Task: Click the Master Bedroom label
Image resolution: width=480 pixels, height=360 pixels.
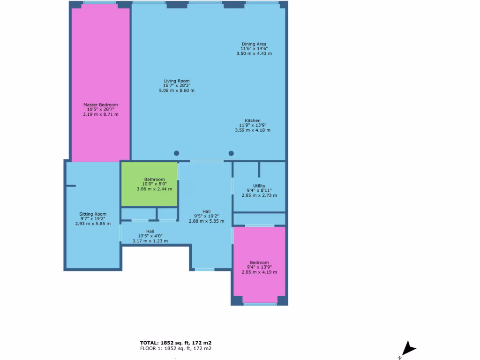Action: coord(100,105)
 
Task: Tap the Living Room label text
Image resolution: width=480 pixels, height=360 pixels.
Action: coord(177,81)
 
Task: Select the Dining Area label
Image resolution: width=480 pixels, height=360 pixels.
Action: coord(254,44)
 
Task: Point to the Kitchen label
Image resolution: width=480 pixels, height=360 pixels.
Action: coord(253,121)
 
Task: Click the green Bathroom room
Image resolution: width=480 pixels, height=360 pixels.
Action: coord(150,184)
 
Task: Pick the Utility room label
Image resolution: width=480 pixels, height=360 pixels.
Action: coord(259,186)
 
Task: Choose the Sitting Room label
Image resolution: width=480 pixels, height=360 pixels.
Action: coord(93,214)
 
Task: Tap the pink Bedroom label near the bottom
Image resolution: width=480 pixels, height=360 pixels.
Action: coord(259,262)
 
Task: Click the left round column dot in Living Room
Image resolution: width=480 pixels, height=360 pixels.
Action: coord(176,153)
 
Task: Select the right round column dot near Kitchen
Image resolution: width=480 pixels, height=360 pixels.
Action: coord(231,153)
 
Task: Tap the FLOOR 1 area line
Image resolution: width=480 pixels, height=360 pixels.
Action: coord(176,349)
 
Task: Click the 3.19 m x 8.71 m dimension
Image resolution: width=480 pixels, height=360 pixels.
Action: coord(100,114)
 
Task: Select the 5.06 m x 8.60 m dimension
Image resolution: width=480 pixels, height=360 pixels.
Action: coord(177,90)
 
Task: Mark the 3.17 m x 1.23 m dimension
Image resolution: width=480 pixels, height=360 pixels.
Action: coord(150,241)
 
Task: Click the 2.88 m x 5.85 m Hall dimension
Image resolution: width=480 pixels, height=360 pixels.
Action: coord(206,221)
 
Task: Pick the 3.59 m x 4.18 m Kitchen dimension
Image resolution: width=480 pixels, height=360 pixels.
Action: coord(253,130)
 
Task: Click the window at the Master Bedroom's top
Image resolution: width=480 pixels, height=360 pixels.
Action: coord(100,3)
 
